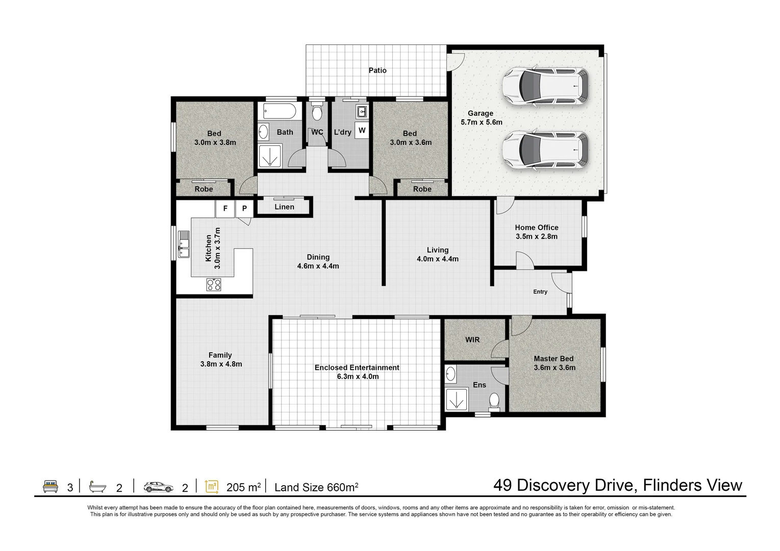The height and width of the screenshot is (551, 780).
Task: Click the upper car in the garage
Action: [545, 86]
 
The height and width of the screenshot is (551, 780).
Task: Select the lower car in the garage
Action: [545, 150]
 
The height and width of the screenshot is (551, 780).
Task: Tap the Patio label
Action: [378, 70]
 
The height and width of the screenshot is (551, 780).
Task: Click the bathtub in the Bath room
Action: [278, 111]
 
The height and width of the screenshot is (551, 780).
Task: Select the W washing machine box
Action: [362, 131]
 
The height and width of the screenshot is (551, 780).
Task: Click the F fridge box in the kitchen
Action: [225, 209]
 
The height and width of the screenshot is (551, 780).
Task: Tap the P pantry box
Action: [244, 209]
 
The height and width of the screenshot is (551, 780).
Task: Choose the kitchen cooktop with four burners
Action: [214, 284]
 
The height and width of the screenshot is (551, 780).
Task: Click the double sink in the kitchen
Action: [183, 244]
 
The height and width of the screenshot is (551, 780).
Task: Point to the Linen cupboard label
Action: [284, 207]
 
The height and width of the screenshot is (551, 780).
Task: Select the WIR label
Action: [472, 339]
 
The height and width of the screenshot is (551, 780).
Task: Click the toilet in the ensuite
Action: [494, 401]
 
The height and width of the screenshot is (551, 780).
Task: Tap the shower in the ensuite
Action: [457, 398]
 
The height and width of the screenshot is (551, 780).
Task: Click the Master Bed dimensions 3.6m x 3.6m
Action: [555, 368]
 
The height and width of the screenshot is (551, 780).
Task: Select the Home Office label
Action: [536, 228]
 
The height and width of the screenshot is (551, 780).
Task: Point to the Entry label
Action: [540, 292]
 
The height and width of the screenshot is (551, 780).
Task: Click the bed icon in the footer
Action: [50, 487]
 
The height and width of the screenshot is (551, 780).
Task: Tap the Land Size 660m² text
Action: [316, 487]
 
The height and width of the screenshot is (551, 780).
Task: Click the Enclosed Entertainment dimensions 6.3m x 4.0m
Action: [357, 377]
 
